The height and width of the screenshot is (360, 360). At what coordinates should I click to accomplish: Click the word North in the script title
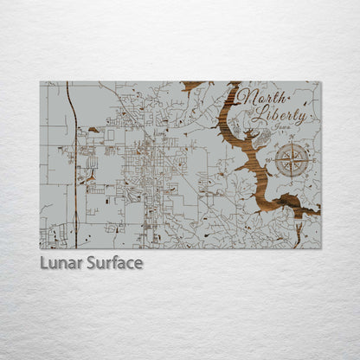261,100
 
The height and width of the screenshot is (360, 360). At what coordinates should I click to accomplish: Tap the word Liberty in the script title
278,116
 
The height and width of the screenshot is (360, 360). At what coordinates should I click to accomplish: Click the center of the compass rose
292,159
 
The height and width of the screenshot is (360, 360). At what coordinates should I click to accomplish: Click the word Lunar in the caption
61,263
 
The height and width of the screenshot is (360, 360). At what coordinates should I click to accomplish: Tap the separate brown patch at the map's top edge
191,86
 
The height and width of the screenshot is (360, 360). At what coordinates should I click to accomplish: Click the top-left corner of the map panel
40,82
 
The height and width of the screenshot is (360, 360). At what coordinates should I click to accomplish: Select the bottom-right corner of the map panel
320,248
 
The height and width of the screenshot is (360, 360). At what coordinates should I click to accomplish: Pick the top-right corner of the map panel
320,82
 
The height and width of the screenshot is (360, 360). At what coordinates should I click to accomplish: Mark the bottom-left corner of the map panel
40,248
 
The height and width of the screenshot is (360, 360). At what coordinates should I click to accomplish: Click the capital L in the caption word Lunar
44,263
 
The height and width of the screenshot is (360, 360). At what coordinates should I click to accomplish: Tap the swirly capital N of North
248,98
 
